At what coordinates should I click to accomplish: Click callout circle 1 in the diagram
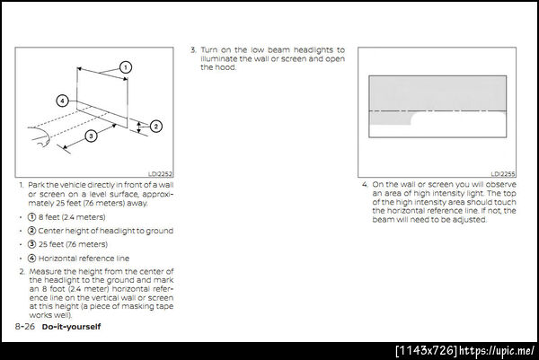(x=126, y=67)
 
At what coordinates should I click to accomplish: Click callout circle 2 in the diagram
(x=155, y=126)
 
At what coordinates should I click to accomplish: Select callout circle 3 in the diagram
(x=91, y=136)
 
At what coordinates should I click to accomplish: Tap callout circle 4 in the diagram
(x=62, y=101)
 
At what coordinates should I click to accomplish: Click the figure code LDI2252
(x=160, y=174)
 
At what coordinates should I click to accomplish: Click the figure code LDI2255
(x=503, y=174)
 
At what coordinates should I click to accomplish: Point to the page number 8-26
(x=25, y=327)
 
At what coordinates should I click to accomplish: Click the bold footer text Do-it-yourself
(x=71, y=327)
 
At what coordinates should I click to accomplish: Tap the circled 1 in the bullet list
(x=31, y=217)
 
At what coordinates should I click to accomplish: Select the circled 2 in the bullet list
(x=31, y=231)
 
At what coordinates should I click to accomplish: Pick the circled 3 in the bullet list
(x=31, y=244)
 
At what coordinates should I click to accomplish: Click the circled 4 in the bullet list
(x=31, y=258)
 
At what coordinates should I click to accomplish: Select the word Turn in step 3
(x=209, y=50)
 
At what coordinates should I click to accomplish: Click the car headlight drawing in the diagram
(x=39, y=136)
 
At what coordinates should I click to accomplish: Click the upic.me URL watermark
(x=497, y=351)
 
